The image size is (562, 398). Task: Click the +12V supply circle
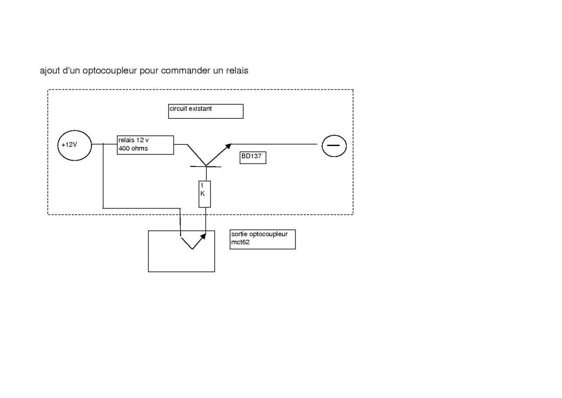[74, 145]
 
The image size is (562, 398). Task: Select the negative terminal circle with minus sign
[334, 145]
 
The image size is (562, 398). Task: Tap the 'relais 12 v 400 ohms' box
[145, 145]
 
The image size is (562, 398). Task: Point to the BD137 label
[253, 158]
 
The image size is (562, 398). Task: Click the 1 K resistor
[205, 194]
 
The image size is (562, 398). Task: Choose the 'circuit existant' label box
[205, 111]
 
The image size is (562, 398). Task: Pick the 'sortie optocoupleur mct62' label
[262, 239]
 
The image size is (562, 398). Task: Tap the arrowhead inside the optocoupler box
[202, 237]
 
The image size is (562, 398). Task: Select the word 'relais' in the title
[236, 71]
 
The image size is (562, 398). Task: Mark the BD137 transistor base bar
[205, 166]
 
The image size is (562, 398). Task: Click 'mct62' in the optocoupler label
[240, 243]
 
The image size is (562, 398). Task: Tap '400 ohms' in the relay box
[133, 149]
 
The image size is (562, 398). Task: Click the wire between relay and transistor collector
[180, 144]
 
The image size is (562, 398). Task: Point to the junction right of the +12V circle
[103, 144]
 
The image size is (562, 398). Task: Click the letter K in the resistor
[202, 194]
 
